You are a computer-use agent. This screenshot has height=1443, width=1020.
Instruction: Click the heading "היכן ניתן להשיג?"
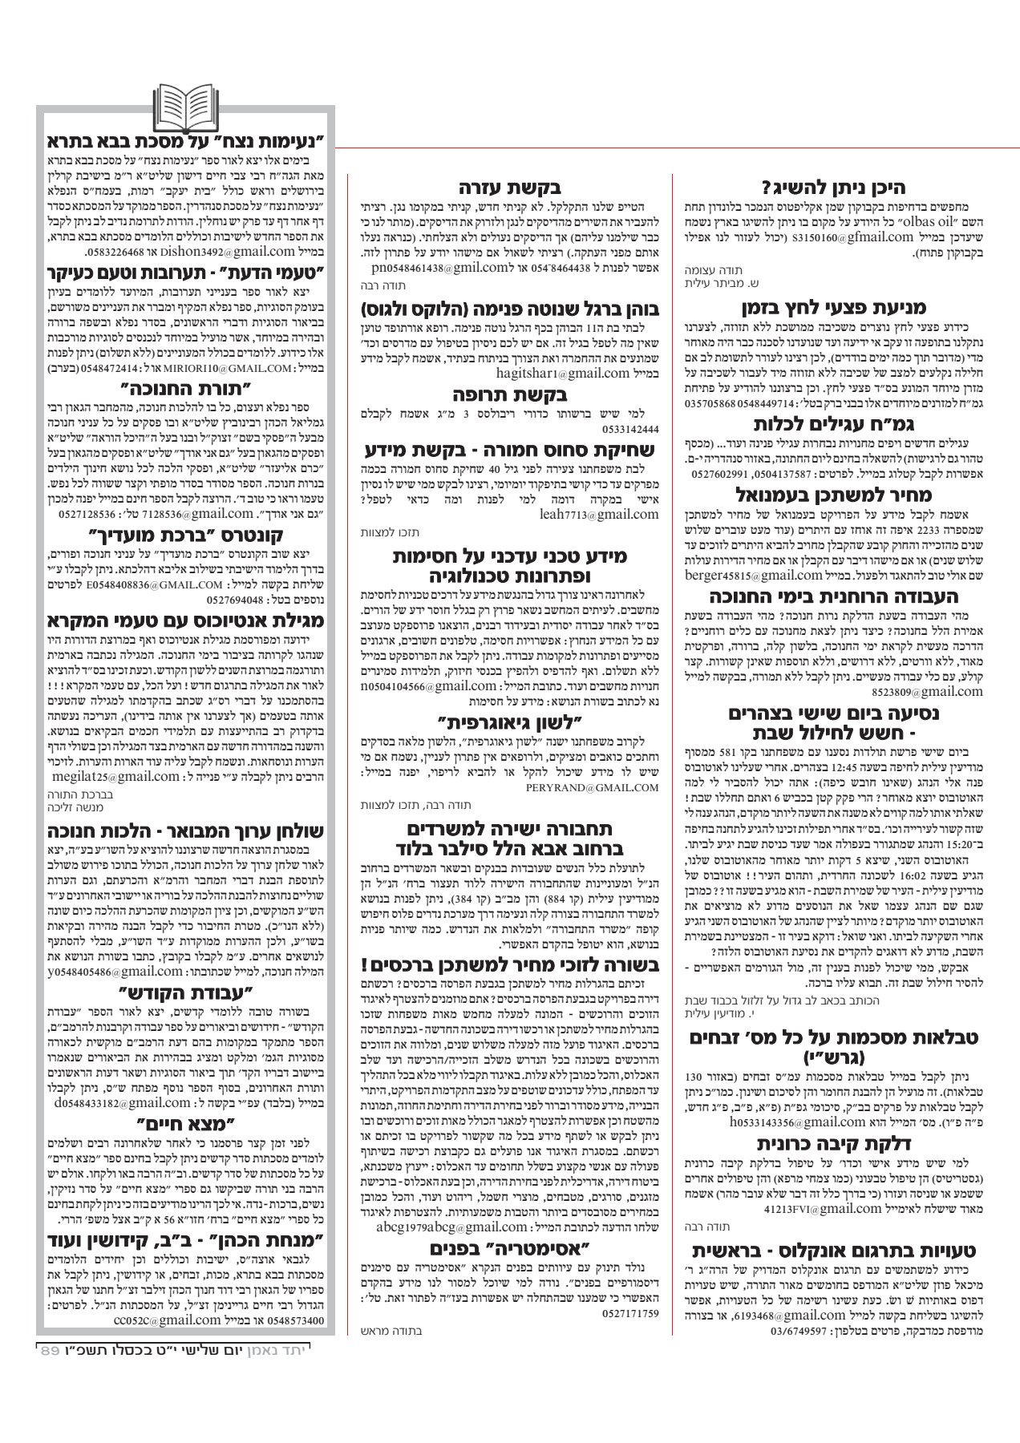point(834,188)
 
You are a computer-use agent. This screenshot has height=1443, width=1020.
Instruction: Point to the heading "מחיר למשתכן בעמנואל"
point(834,495)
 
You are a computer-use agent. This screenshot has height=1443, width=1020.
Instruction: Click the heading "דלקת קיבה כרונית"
point(834,1143)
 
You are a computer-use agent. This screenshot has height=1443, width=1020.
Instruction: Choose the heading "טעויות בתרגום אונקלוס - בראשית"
point(834,1250)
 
